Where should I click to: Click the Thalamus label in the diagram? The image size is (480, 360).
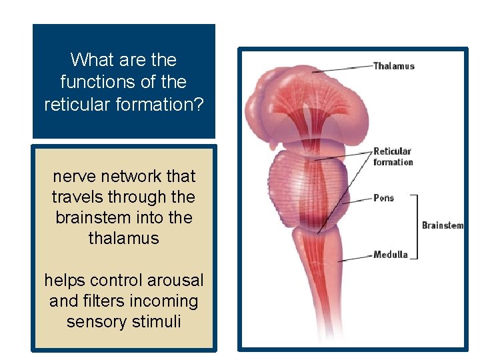(x=393, y=66)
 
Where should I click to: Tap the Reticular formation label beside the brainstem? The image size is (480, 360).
(x=393, y=157)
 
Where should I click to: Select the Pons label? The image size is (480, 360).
(x=383, y=198)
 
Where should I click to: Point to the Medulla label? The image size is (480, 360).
(x=390, y=255)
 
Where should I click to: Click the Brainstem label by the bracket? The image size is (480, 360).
(x=442, y=225)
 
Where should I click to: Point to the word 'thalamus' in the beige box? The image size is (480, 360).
(x=124, y=238)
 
